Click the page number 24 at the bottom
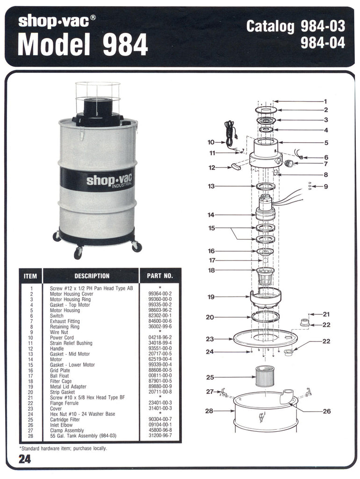click(x=25, y=459)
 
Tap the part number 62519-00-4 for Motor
click(x=159, y=359)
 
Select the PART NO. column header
click(x=160, y=276)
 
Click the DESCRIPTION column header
click(x=92, y=276)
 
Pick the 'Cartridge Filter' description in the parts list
click(x=66, y=420)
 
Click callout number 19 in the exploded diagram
click(x=211, y=297)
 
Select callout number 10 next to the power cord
click(x=211, y=142)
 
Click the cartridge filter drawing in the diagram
click(x=265, y=376)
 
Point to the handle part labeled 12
click(x=236, y=167)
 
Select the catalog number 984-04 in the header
click(x=323, y=43)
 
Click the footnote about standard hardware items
click(x=63, y=448)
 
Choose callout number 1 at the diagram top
click(x=325, y=101)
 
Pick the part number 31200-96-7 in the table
click(x=159, y=436)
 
